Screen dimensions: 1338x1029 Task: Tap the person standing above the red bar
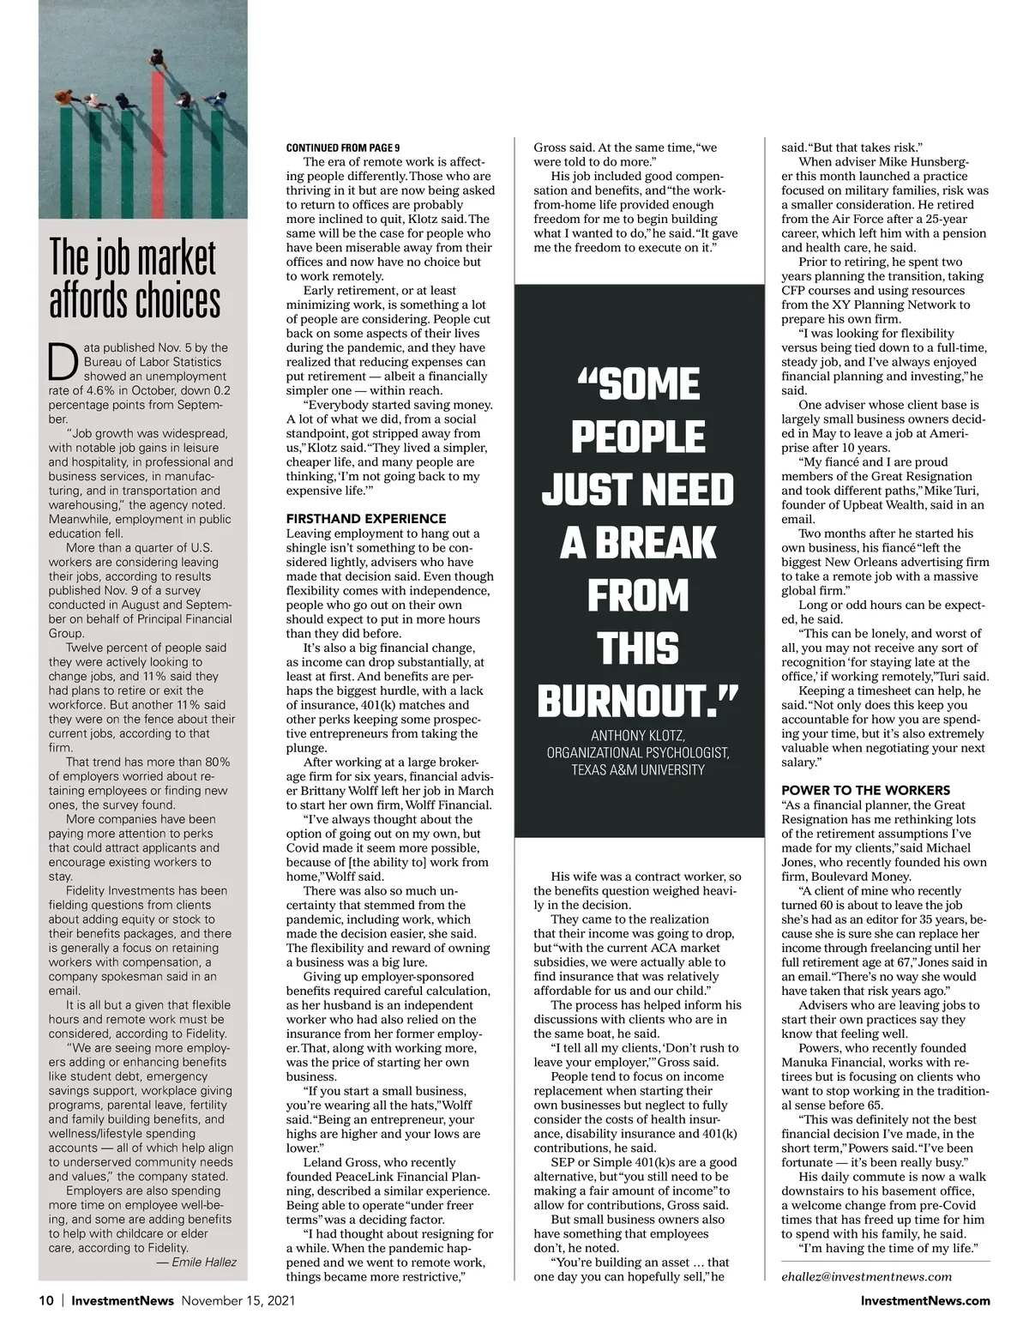tap(158, 60)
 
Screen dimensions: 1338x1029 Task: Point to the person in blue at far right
tap(216, 100)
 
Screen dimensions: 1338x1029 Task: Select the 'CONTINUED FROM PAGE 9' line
tap(343, 148)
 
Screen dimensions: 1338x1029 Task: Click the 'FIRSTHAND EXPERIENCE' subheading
tap(366, 518)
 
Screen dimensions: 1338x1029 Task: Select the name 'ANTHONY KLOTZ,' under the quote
tap(637, 735)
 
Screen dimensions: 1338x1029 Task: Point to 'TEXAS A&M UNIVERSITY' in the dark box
tap(638, 769)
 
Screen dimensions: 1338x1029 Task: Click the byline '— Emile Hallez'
tap(196, 1262)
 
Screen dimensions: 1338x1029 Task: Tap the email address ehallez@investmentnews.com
tap(866, 1276)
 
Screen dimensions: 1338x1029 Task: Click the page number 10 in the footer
tap(46, 1300)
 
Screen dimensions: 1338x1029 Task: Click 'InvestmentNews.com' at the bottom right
tap(925, 1300)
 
